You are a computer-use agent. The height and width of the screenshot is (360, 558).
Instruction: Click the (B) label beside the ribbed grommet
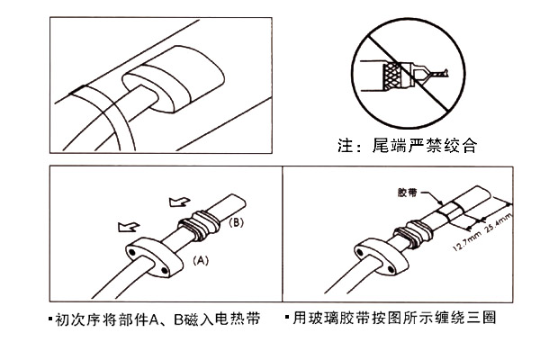pyautogui.click(x=235, y=221)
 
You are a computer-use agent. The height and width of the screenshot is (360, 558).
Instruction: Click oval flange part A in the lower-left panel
pyautogui.click(x=148, y=256)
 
